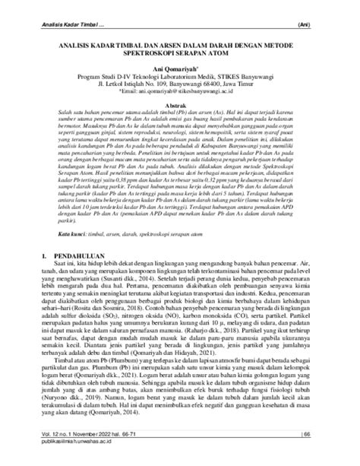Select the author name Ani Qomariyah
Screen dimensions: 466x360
pyautogui.click(x=178, y=68)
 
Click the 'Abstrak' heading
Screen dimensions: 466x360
pyautogui.click(x=180, y=106)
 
